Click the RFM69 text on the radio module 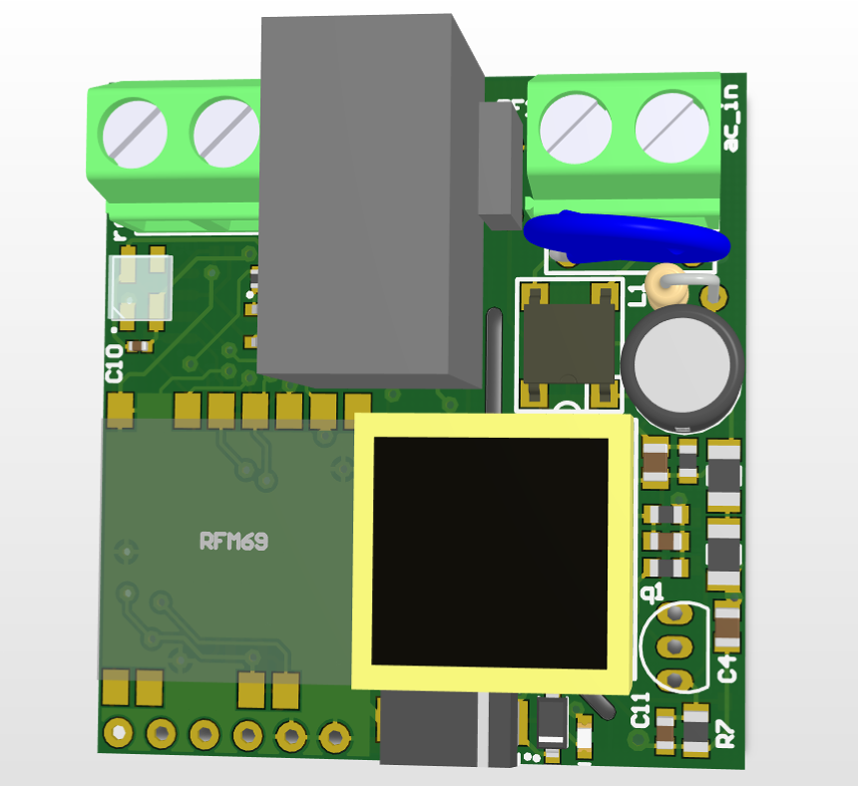point(233,542)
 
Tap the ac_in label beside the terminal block point(732,120)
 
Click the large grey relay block point(364,199)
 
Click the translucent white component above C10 point(141,288)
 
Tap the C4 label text point(728,667)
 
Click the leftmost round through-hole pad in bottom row point(118,733)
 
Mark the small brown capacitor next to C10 point(140,346)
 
